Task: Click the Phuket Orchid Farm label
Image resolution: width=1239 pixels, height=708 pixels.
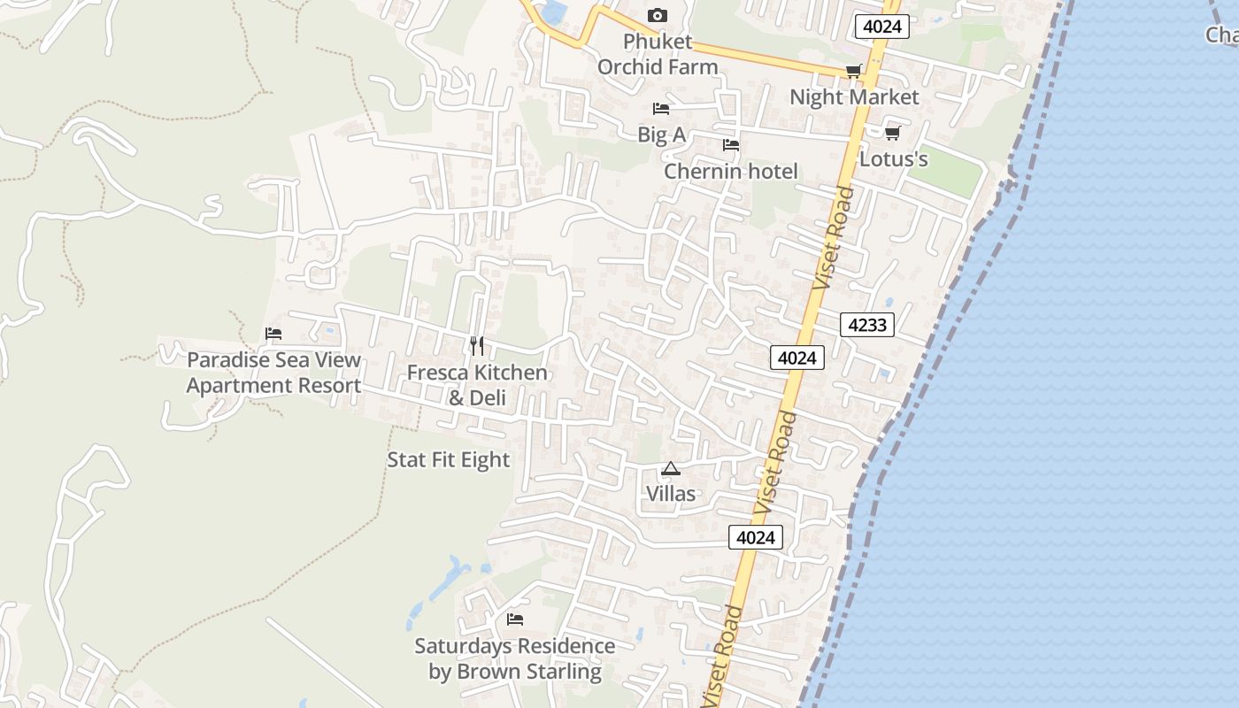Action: point(657,54)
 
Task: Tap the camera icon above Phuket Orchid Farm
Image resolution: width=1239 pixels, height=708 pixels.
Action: point(657,15)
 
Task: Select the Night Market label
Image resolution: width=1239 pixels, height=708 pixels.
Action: point(854,96)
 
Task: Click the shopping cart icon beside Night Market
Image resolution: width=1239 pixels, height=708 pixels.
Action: point(853,72)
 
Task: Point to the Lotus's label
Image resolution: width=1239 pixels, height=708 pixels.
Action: point(894,158)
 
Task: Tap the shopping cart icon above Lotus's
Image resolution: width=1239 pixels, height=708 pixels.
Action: point(892,133)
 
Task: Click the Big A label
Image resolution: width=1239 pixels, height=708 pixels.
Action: point(661,135)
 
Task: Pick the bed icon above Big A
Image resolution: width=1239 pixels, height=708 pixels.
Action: point(660,109)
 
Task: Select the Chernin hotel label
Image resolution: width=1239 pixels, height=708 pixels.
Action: point(730,171)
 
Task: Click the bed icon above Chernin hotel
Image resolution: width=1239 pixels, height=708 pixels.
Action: point(730,145)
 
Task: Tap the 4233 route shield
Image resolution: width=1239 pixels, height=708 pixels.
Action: point(867,325)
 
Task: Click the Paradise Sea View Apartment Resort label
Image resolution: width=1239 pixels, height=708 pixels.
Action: point(273,373)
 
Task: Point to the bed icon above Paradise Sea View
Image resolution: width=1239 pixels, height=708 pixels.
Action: point(273,334)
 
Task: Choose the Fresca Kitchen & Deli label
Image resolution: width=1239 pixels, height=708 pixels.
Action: point(477,385)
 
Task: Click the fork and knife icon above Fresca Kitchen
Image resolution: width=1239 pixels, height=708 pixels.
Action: point(477,345)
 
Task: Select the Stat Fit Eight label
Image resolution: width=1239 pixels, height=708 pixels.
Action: point(449,459)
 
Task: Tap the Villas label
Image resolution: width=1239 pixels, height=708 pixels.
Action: point(671,493)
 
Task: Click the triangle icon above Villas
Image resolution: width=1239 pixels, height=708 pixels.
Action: point(670,468)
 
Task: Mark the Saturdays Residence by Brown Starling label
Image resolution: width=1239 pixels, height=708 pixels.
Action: point(515,658)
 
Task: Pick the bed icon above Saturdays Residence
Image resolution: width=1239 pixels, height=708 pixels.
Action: point(515,619)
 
